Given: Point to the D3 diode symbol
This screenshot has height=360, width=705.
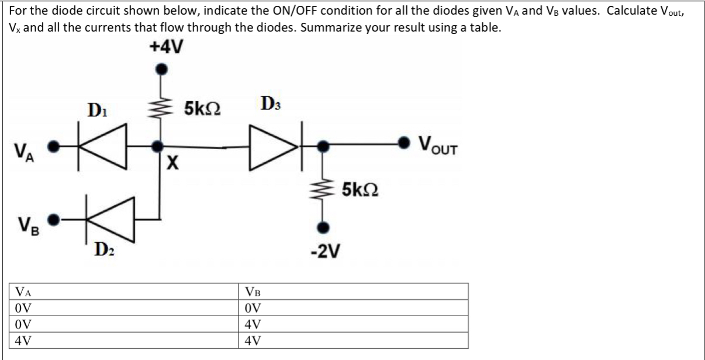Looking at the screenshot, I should coord(272,146).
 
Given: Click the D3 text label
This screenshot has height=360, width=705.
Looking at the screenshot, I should coord(272,107).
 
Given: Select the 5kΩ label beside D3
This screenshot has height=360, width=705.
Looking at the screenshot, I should coord(202,109).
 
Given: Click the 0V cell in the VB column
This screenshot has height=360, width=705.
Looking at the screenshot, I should coord(253,307).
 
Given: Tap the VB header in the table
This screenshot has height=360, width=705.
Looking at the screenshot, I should coord(254,292).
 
